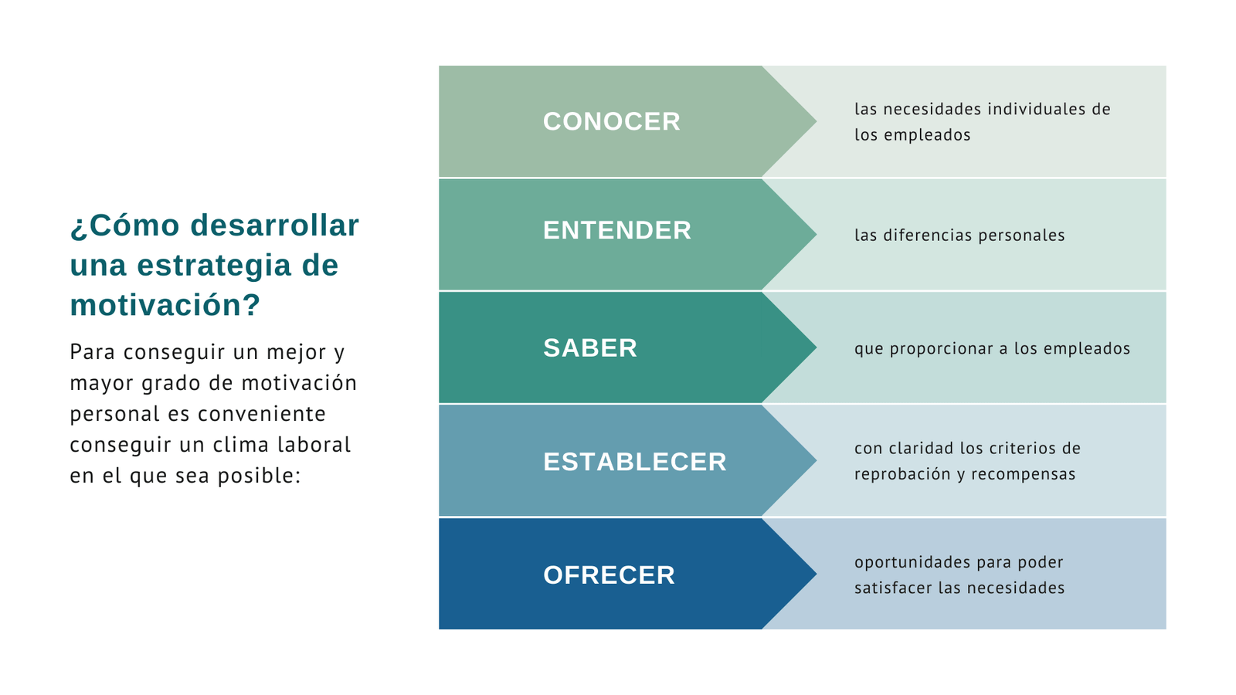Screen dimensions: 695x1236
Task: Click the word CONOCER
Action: point(611,121)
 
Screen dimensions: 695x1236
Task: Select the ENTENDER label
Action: point(616,230)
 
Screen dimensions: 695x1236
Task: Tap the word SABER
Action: point(590,348)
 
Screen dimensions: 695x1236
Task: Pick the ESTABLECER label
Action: point(634,462)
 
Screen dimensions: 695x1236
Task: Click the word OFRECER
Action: point(609,575)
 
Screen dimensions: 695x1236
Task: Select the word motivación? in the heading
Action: point(165,305)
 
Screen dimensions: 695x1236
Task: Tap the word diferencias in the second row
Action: point(928,236)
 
